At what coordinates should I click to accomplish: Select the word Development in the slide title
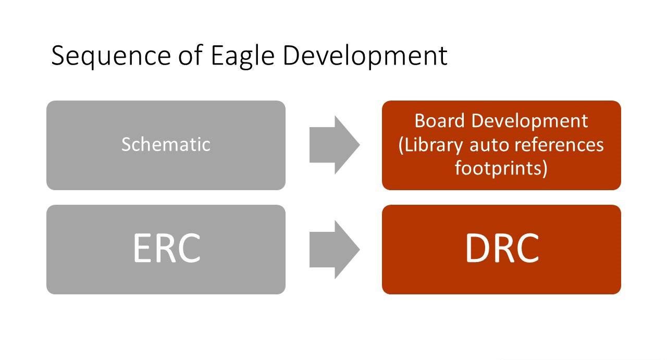pos(365,56)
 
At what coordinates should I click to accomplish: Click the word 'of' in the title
pos(191,55)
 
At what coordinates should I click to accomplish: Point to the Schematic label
pos(166,144)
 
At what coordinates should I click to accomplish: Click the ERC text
pos(166,248)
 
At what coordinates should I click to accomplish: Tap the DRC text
pos(502,248)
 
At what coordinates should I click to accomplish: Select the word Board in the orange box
pos(439,120)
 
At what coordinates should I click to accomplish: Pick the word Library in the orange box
pos(430,146)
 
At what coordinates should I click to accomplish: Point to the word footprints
pos(501,168)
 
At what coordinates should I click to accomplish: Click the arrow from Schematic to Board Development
pos(335,145)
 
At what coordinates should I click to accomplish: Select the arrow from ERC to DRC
pos(335,250)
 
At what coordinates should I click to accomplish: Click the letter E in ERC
pos(143,248)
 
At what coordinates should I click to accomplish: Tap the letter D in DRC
pos(478,248)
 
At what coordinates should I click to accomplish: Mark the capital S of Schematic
pos(126,144)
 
